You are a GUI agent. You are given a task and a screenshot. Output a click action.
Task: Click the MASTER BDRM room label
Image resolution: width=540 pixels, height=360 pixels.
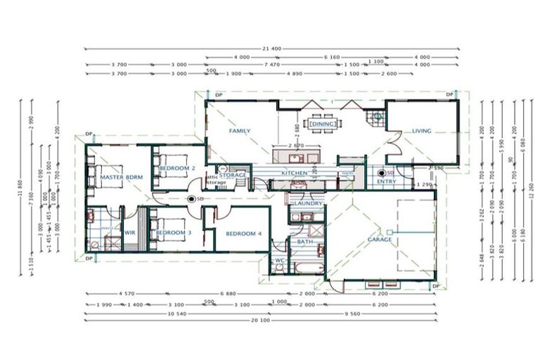point(122,178)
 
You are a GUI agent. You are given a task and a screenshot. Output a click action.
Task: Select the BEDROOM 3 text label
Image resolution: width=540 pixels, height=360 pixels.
point(174,233)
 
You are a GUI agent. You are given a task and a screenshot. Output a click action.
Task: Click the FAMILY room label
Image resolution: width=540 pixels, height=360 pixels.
point(240,131)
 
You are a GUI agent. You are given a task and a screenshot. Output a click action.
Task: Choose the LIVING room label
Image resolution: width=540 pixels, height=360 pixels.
point(421,131)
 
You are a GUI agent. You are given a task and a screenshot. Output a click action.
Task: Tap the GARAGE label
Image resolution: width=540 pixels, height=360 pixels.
point(380,240)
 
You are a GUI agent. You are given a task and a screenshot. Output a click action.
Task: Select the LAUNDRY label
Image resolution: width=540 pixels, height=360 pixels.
point(308,204)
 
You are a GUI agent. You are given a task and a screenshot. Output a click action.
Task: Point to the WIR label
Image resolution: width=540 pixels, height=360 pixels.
point(130,233)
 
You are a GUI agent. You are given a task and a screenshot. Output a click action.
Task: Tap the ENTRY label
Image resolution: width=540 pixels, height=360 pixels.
point(386,181)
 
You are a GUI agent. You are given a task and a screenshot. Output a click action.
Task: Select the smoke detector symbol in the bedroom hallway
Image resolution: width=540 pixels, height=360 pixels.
point(191,199)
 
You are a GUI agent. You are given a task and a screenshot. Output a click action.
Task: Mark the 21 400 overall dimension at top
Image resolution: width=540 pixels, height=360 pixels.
point(271,49)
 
